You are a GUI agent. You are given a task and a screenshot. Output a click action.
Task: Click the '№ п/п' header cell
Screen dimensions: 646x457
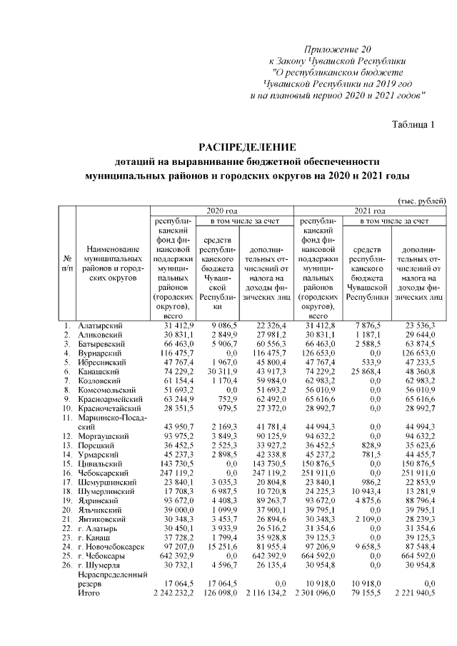(x=66, y=262)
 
